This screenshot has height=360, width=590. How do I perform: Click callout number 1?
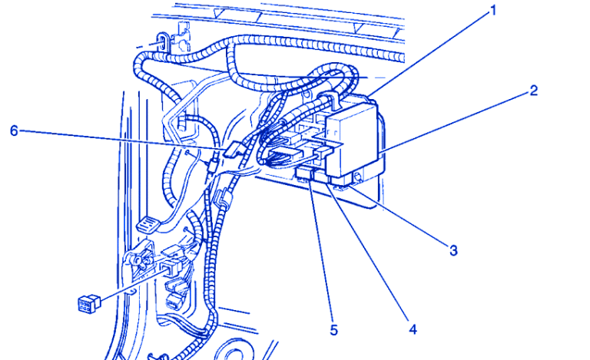(x=493, y=11)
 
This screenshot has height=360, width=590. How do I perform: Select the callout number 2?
(x=533, y=91)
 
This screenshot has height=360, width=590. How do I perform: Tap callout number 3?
(x=453, y=250)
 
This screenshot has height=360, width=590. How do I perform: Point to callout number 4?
(x=413, y=329)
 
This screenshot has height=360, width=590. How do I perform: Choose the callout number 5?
(x=334, y=330)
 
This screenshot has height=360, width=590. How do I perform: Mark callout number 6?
(x=14, y=130)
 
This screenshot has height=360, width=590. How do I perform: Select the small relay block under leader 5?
(x=304, y=173)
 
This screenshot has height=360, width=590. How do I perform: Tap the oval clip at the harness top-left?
(x=162, y=41)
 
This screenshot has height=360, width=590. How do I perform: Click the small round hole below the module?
(x=357, y=176)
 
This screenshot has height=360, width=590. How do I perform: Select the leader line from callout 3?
(x=399, y=216)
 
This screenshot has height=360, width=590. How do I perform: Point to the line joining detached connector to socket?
(x=131, y=284)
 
